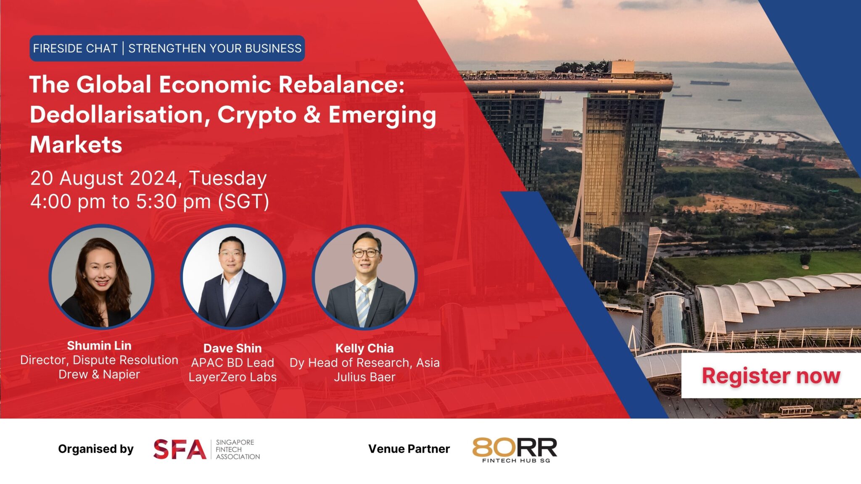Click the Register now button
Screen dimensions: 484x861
click(x=771, y=376)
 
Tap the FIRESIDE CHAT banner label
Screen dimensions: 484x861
click(x=75, y=49)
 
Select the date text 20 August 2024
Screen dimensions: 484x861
click(x=105, y=178)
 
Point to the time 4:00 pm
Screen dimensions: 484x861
click(x=68, y=202)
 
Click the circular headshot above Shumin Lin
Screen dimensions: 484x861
click(x=101, y=277)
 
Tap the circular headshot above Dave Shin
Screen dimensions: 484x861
click(x=233, y=277)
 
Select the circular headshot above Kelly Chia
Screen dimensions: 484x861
click(x=364, y=277)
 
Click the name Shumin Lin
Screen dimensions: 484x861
click(x=99, y=346)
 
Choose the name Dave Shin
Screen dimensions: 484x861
click(x=232, y=348)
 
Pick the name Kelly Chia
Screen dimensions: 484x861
click(x=364, y=348)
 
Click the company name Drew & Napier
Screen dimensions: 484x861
click(x=99, y=374)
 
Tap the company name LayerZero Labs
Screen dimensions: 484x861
click(x=232, y=377)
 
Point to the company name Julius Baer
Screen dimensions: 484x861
click(x=364, y=377)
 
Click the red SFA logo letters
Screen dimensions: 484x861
click(x=180, y=449)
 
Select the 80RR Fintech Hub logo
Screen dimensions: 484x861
click(x=515, y=450)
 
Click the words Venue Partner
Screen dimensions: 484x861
click(x=409, y=449)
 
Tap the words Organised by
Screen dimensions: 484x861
click(x=96, y=449)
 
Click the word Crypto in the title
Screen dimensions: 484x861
click(x=257, y=115)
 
